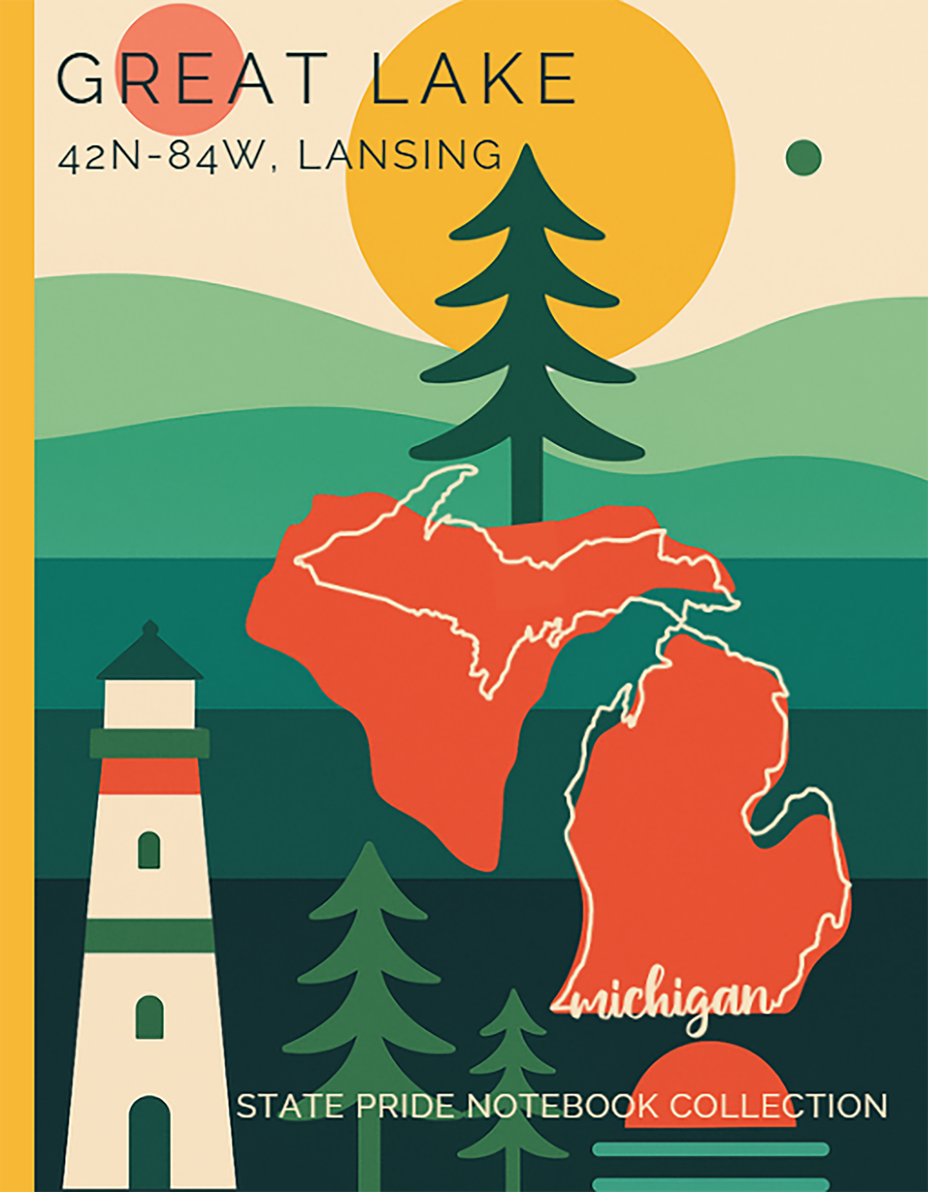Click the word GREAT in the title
192,78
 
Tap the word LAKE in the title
473,78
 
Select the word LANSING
400,155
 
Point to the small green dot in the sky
803,157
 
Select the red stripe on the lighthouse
150,776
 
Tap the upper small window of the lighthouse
149,850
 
